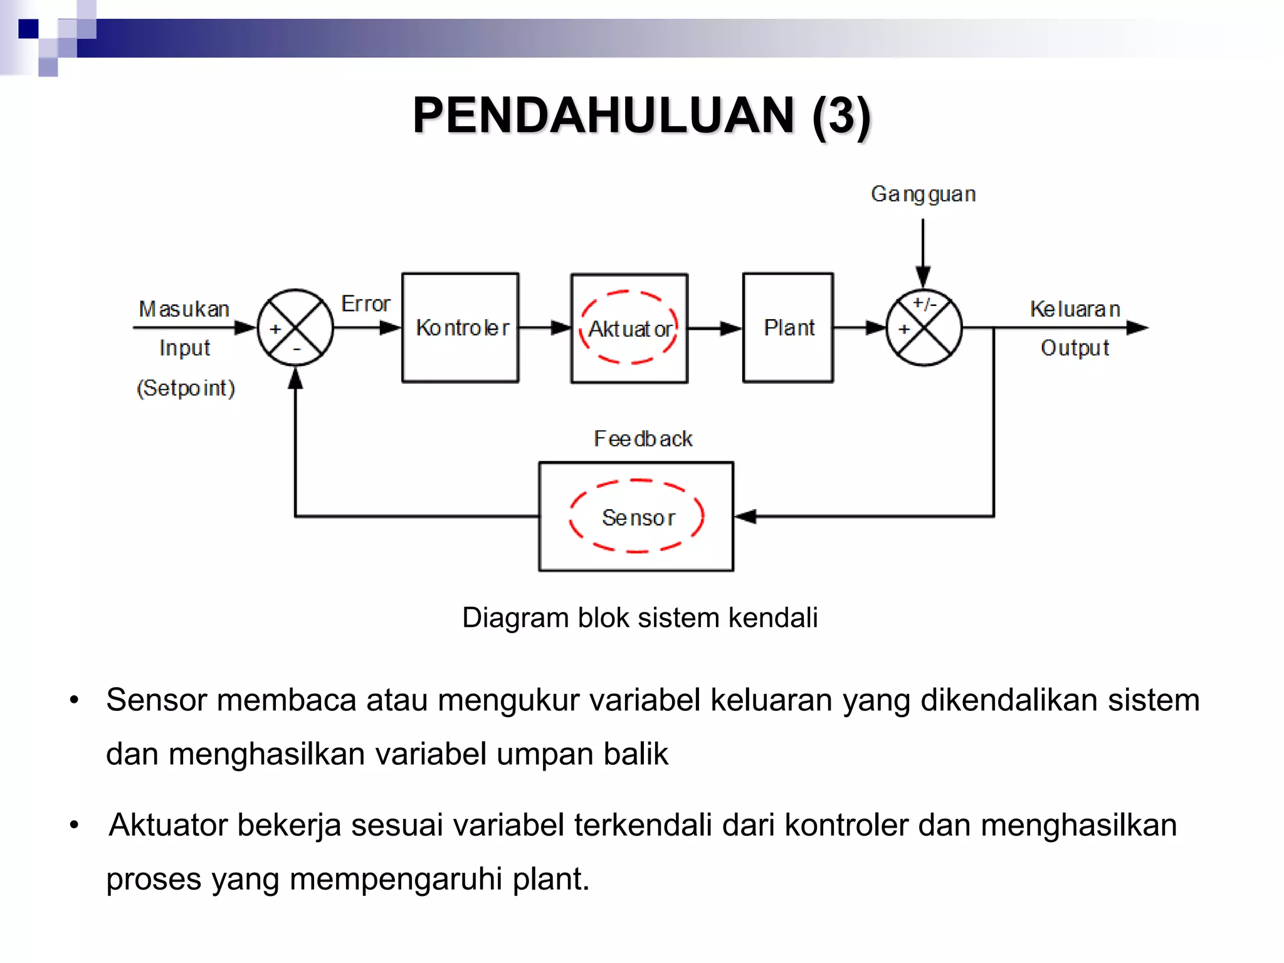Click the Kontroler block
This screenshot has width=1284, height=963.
(460, 327)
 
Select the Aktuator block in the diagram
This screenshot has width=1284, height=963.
(629, 328)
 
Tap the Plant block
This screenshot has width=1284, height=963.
(788, 327)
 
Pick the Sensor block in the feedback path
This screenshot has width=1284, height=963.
(636, 517)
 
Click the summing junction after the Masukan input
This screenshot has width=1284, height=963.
(295, 327)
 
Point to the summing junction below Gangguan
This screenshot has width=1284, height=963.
(924, 327)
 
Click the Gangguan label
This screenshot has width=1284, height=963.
(923, 194)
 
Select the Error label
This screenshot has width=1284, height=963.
(366, 304)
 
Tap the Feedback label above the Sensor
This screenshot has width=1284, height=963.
(643, 439)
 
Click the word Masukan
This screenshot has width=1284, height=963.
(184, 309)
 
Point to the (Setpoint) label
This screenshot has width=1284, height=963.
(186, 388)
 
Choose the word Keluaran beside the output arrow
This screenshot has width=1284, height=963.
(1075, 309)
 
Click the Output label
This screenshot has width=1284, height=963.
(1075, 348)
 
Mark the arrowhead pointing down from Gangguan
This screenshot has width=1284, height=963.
(923, 276)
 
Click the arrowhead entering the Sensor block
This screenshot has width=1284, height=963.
(745, 517)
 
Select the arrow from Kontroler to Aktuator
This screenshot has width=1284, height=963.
(544, 327)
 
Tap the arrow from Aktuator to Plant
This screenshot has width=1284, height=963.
(715, 328)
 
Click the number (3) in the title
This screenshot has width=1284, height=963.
(841, 116)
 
